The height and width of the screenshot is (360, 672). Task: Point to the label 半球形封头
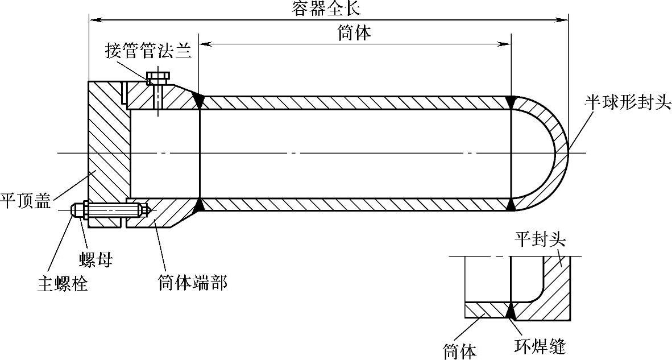pyautogui.click(x=628, y=103)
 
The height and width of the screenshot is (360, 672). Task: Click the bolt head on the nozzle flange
pyautogui.click(x=157, y=76)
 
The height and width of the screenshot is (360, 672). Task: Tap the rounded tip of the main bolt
pyautogui.click(x=73, y=210)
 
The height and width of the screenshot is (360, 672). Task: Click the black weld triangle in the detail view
pyautogui.click(x=511, y=311)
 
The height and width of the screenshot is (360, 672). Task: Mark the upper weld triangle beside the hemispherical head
pyautogui.click(x=512, y=101)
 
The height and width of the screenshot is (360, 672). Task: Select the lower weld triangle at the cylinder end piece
pyautogui.click(x=199, y=205)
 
